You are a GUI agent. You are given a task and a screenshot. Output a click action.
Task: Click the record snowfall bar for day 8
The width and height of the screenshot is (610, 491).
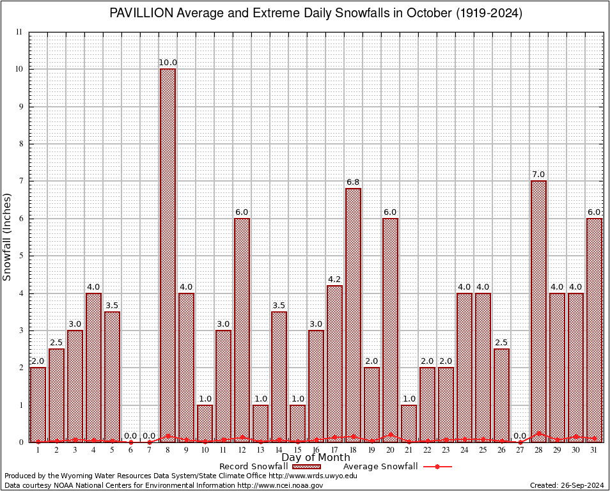(168, 256)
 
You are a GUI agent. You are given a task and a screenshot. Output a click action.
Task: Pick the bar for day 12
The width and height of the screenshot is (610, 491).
(242, 330)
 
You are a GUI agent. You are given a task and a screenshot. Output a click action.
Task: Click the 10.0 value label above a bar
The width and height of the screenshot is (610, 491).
(168, 62)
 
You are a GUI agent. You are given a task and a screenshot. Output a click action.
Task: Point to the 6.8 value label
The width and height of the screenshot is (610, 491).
(353, 182)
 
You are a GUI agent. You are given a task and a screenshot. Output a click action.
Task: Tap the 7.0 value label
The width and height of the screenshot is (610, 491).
(538, 175)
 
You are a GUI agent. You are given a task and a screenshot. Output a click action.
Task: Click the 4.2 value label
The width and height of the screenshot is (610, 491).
(334, 279)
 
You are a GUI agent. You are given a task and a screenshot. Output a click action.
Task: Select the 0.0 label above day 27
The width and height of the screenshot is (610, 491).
(520, 435)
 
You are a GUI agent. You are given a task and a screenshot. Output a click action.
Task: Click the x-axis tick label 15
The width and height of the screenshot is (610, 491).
(297, 450)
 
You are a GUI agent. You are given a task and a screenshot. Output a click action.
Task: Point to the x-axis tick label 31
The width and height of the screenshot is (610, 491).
(594, 450)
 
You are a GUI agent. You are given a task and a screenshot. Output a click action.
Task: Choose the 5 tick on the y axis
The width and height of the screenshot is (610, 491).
(20, 256)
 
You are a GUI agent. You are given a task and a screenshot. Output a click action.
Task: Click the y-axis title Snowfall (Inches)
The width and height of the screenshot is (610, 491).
(8, 237)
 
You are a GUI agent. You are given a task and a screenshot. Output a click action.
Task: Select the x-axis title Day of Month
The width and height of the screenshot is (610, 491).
(315, 457)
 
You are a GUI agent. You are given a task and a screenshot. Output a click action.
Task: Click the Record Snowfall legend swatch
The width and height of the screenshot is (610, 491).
(308, 467)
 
